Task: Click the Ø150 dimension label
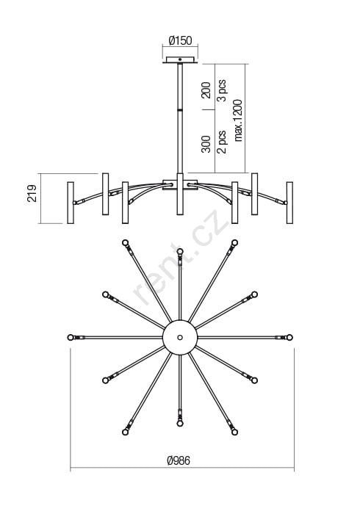(x=180, y=40)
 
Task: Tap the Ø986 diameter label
(x=179, y=460)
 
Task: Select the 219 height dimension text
(x=32, y=193)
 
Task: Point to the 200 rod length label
(x=206, y=90)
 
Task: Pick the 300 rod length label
(x=206, y=144)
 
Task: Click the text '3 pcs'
(x=222, y=90)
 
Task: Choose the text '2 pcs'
(x=222, y=142)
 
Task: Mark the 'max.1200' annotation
(x=238, y=120)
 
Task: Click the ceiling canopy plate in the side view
(x=180, y=59)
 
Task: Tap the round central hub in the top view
(x=180, y=337)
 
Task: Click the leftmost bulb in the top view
(x=71, y=337)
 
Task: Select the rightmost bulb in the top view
(x=289, y=337)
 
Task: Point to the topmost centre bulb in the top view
(x=180, y=251)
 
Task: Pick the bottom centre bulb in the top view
(x=180, y=424)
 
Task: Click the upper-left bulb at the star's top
(x=125, y=242)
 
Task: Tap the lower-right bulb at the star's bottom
(x=234, y=432)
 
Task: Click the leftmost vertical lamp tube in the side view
(x=71, y=203)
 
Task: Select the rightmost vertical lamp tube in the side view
(x=289, y=203)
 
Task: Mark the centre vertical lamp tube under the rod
(x=180, y=194)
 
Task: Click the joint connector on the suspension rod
(x=180, y=109)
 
